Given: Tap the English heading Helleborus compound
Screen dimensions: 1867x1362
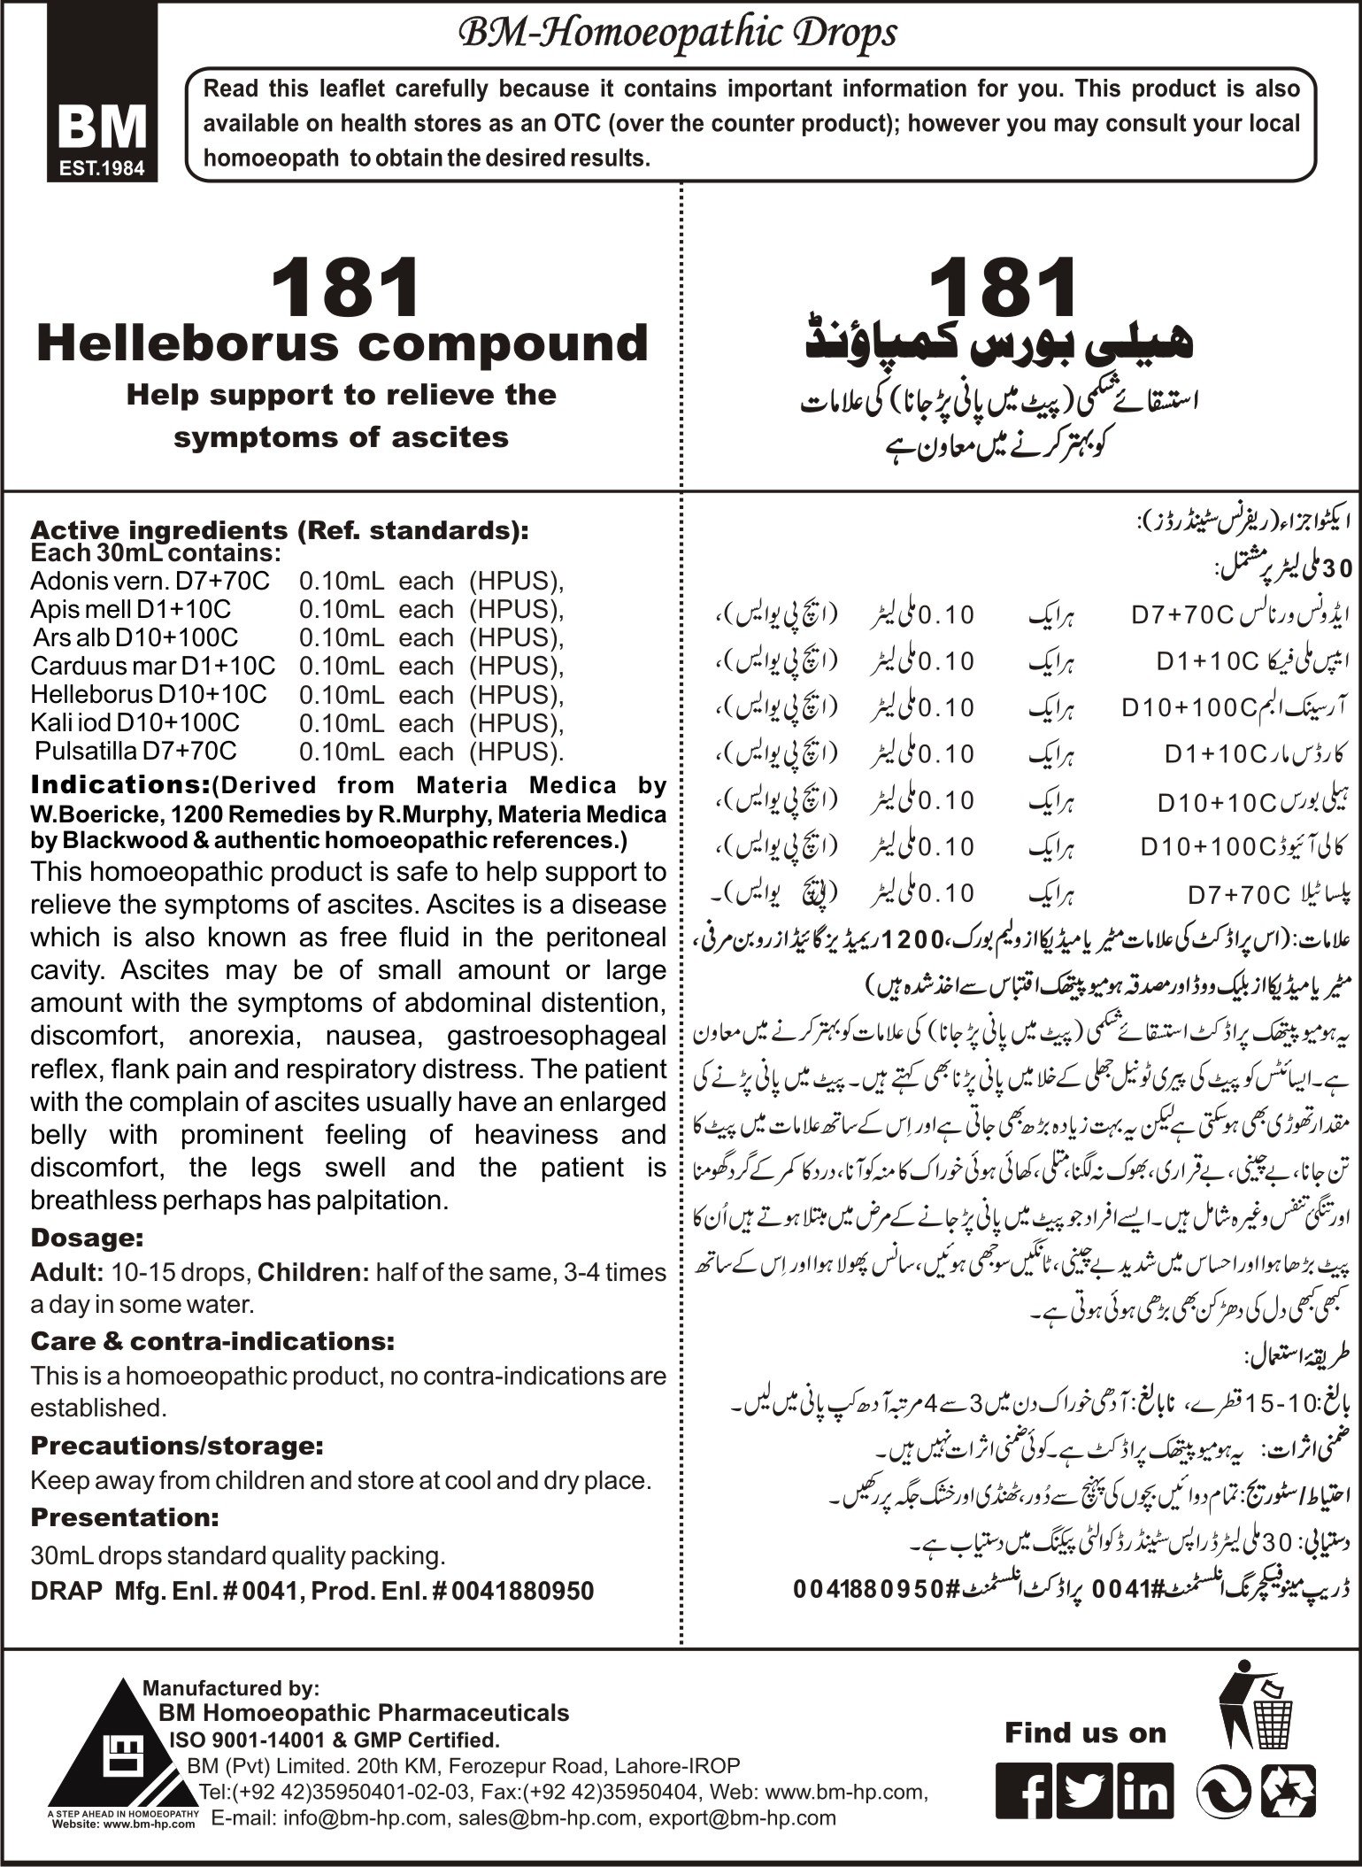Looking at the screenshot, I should click(x=342, y=343).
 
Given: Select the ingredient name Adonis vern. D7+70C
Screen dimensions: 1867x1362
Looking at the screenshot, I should click(x=150, y=581).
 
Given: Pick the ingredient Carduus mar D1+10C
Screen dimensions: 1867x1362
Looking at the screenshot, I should click(x=152, y=666).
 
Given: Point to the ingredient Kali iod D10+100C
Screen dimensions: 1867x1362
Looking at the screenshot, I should click(x=135, y=722).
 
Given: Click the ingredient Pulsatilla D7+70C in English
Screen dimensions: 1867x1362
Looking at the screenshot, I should click(x=136, y=751).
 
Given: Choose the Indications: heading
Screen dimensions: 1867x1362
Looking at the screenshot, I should click(x=105, y=785).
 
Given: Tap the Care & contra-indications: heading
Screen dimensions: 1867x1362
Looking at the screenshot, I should click(x=212, y=1340).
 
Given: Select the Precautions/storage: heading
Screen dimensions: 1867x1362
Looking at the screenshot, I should click(x=177, y=1446).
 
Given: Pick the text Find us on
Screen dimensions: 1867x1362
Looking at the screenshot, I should click(x=1085, y=1732).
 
